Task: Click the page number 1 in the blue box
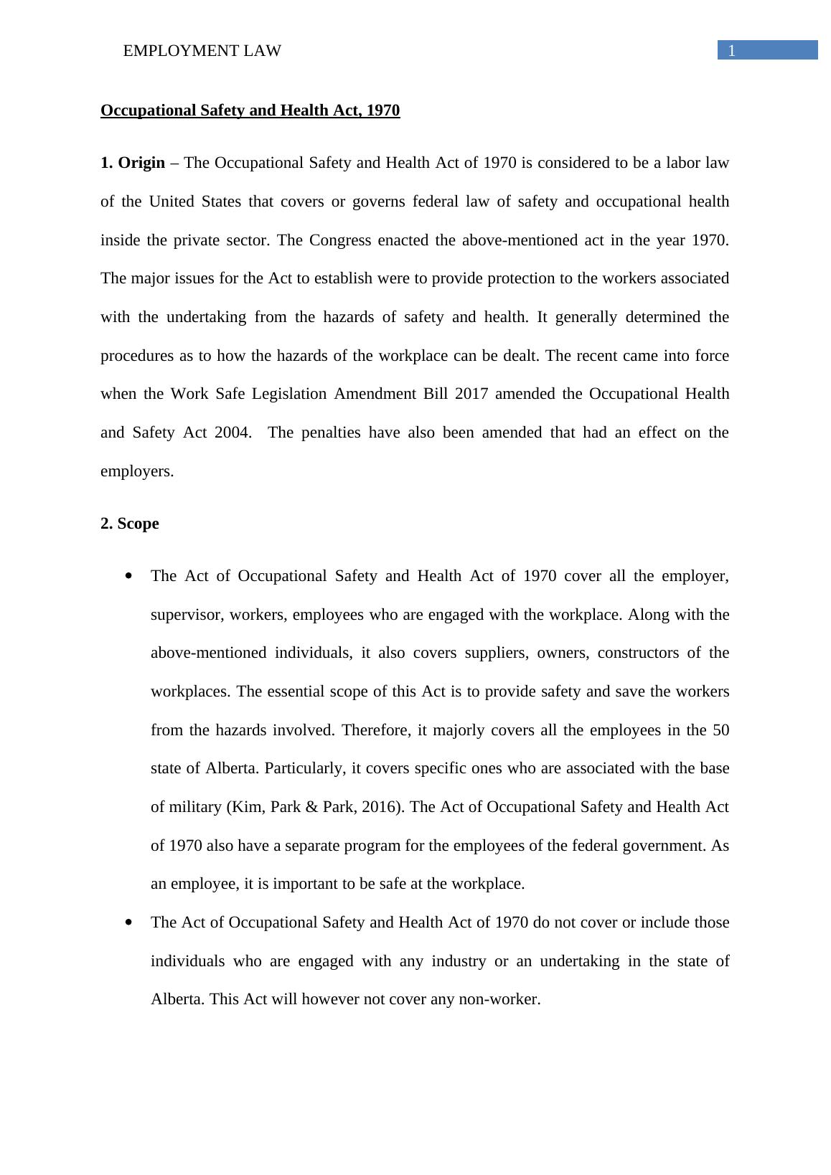coord(731,50)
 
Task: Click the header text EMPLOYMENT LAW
coord(202,51)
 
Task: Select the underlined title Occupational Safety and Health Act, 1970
coord(250,110)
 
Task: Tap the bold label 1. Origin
coord(133,163)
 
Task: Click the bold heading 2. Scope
coord(130,524)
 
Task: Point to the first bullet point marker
coord(128,576)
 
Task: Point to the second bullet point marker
coord(128,922)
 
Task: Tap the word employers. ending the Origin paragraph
coord(137,471)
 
